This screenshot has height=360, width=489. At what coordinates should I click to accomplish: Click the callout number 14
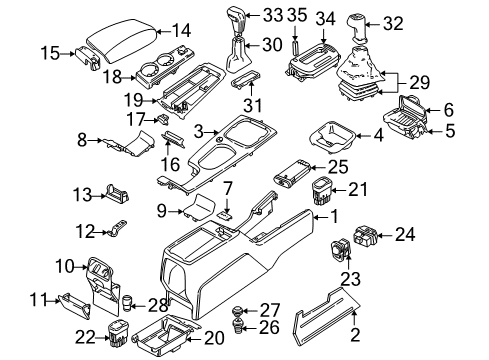click(x=182, y=31)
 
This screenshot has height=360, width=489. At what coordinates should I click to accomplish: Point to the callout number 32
click(x=393, y=24)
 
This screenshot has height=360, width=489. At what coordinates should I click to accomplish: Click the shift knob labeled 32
click(x=357, y=28)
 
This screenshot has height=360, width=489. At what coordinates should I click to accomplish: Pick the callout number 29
click(x=419, y=82)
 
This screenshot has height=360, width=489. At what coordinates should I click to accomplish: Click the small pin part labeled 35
click(x=294, y=49)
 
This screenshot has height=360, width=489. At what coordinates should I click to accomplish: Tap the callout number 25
click(x=338, y=167)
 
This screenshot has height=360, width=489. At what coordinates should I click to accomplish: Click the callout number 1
click(x=335, y=216)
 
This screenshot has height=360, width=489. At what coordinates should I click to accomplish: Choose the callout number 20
click(x=214, y=339)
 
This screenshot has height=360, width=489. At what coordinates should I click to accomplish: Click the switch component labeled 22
click(x=118, y=334)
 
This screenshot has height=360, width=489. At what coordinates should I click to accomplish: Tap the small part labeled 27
click(x=237, y=312)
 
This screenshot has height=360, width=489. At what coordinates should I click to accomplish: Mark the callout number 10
click(x=65, y=266)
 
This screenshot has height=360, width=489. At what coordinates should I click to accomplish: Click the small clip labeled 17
click(x=163, y=118)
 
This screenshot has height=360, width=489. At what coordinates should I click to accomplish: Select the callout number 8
click(x=82, y=140)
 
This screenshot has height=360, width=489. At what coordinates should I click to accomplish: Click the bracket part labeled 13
click(x=117, y=193)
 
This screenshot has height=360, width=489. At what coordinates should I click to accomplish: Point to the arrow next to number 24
click(x=385, y=236)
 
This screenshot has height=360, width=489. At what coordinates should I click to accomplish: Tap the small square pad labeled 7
click(x=224, y=216)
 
